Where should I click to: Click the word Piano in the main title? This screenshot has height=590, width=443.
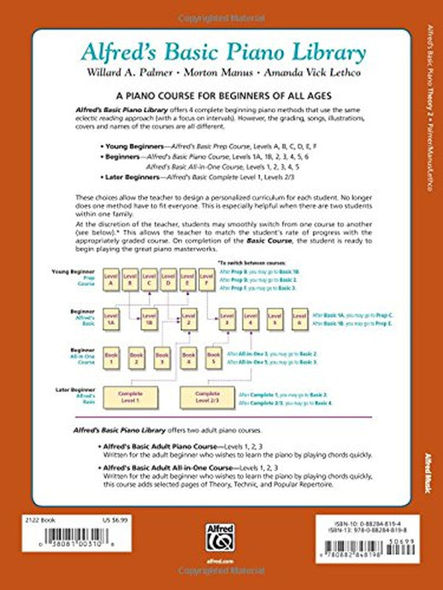click(244, 54)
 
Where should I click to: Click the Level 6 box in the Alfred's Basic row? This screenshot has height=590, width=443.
click(300, 319)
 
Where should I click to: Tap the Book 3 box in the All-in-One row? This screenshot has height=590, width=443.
click(162, 358)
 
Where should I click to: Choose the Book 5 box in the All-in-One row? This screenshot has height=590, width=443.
click(213, 358)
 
